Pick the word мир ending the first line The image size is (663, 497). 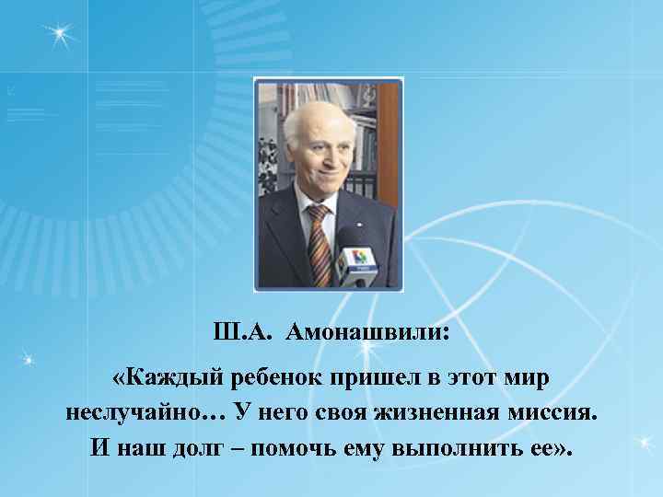pyautogui.click(x=529, y=377)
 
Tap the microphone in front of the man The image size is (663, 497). pyautogui.click(x=355, y=260)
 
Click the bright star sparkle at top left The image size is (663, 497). pyautogui.click(x=60, y=34)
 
